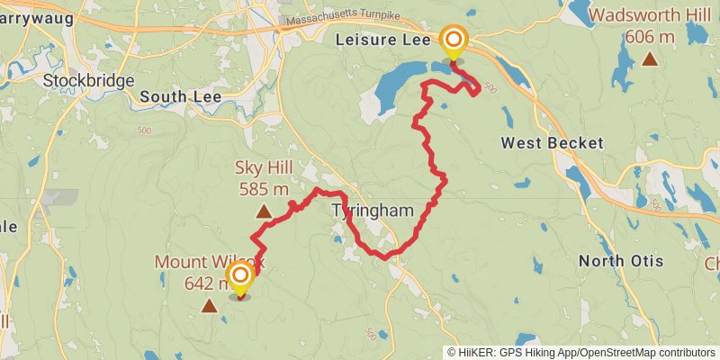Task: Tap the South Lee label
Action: tap(175, 96)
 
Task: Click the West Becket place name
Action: tap(552, 143)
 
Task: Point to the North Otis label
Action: tap(621, 261)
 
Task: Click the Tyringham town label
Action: tap(372, 211)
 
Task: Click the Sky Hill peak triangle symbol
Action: tap(264, 212)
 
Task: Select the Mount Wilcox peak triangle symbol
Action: tap(210, 306)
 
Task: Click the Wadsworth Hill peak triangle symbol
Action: tap(650, 59)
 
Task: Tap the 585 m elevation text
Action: tap(264, 189)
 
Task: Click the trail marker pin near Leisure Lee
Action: tap(454, 40)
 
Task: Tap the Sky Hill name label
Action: tap(263, 168)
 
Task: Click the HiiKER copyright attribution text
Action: tap(580, 352)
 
